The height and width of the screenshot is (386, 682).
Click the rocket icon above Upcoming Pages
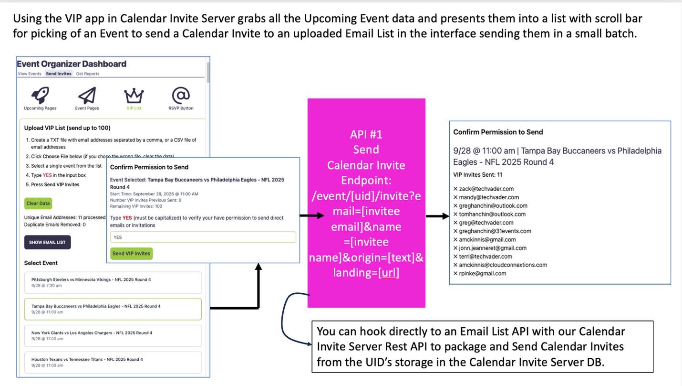tap(40, 95)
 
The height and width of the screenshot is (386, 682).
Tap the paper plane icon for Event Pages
tap(87, 95)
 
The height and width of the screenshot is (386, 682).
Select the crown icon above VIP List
tap(134, 96)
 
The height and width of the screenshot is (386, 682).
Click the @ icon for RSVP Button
tap(181, 95)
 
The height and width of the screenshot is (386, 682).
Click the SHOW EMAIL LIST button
tap(48, 242)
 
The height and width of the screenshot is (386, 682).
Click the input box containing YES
tap(203, 237)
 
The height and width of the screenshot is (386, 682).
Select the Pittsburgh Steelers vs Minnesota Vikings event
tap(113, 282)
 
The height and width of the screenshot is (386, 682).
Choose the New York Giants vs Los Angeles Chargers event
tap(113, 335)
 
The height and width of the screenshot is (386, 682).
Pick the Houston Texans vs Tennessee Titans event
tap(113, 362)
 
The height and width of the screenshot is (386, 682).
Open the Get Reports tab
tap(88, 74)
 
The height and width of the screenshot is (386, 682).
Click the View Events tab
tap(30, 74)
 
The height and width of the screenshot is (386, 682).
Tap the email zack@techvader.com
tap(486, 189)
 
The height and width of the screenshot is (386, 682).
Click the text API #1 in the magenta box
tap(366, 134)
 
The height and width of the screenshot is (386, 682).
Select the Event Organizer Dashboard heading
tap(72, 64)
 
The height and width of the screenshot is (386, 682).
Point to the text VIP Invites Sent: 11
tap(477, 175)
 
